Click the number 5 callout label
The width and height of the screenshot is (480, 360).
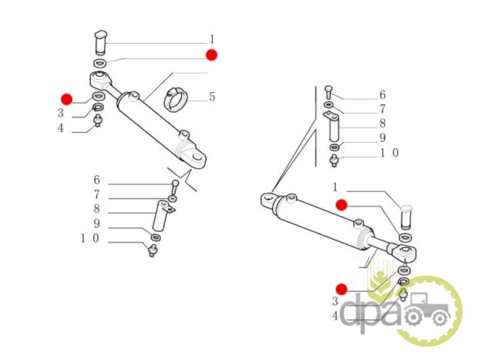(x=212, y=97)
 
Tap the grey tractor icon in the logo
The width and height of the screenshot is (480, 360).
(x=427, y=309)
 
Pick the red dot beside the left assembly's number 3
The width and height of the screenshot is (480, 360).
(x=67, y=99)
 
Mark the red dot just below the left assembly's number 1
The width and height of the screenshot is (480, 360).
(x=211, y=55)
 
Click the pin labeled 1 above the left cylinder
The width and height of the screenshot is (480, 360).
(x=101, y=43)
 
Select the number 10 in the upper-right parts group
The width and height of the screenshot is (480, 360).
(x=389, y=152)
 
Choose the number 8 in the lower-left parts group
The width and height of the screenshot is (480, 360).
(x=97, y=208)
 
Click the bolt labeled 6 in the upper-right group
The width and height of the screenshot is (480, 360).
(x=328, y=92)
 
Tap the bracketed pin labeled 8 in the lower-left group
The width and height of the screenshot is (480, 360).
(x=163, y=215)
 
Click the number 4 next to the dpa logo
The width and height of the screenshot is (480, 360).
(x=335, y=316)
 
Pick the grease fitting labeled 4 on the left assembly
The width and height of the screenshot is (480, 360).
(x=98, y=121)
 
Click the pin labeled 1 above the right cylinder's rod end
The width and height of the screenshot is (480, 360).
(x=407, y=217)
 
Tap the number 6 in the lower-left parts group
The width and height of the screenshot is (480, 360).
(x=97, y=179)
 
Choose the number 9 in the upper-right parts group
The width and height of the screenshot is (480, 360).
(x=383, y=138)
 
